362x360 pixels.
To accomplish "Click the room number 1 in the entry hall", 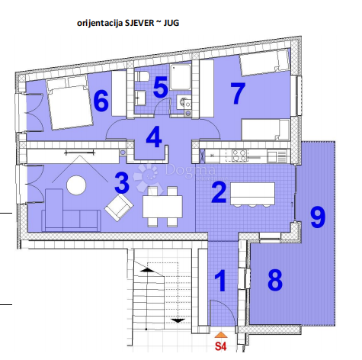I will (219, 281).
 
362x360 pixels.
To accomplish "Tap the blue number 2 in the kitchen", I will (218, 190).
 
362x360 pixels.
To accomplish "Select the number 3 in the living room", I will (121, 183).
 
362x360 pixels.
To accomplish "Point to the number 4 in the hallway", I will (154, 137).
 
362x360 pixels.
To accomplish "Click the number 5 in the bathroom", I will (160, 86).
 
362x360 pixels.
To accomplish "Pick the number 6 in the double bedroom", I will (101, 100).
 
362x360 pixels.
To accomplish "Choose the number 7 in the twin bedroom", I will (238, 93).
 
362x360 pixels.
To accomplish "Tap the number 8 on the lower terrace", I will (275, 280).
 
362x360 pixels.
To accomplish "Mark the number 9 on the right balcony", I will (318, 217).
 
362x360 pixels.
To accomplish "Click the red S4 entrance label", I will (220, 346).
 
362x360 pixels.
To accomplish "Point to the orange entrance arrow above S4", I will (220, 334).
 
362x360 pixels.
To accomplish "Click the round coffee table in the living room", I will (76, 185).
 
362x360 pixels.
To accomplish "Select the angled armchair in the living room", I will (118, 206).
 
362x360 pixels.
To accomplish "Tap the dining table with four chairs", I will (162, 205).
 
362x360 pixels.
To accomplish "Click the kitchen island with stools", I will (252, 192).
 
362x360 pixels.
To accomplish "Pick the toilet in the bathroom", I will (142, 79).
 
